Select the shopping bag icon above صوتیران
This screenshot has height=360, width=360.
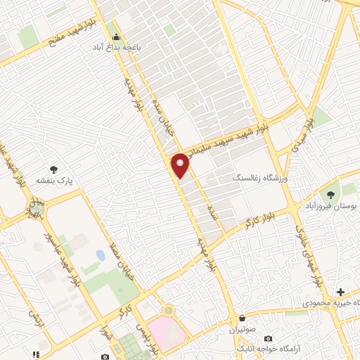pos(243,319)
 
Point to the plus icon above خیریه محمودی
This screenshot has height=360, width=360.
pos(341,291)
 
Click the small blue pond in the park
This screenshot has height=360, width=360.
pos(101,255)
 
